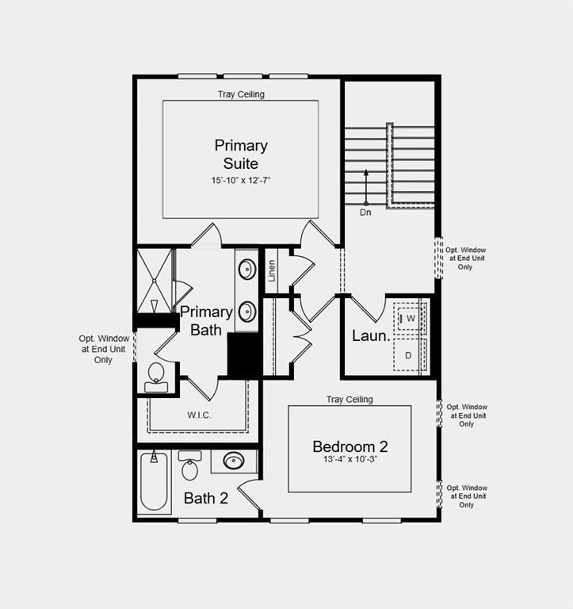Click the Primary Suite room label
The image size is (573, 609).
pyautogui.click(x=241, y=155)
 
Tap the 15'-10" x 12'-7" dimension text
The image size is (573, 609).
pyautogui.click(x=241, y=181)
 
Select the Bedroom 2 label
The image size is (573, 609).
pyautogui.click(x=350, y=446)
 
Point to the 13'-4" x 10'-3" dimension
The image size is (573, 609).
pyautogui.click(x=350, y=460)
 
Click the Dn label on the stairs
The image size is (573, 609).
pyautogui.click(x=365, y=213)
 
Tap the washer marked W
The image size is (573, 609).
pyautogui.click(x=411, y=318)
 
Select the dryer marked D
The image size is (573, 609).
pyautogui.click(x=410, y=355)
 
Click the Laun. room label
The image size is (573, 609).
pyautogui.click(x=371, y=336)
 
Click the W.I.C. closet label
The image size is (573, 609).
pyautogui.click(x=199, y=415)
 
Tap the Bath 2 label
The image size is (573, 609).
pyautogui.click(x=206, y=499)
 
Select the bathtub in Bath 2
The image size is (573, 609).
pyautogui.click(x=155, y=482)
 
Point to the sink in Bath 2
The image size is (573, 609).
pyautogui.click(x=234, y=461)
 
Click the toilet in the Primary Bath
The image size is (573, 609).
pyautogui.click(x=156, y=376)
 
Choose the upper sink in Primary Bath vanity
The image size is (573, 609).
pyautogui.click(x=247, y=269)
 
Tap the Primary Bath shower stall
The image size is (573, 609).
pyautogui.click(x=154, y=281)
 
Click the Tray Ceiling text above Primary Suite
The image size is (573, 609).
pyautogui.click(x=241, y=94)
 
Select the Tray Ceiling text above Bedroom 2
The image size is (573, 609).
pyautogui.click(x=350, y=400)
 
